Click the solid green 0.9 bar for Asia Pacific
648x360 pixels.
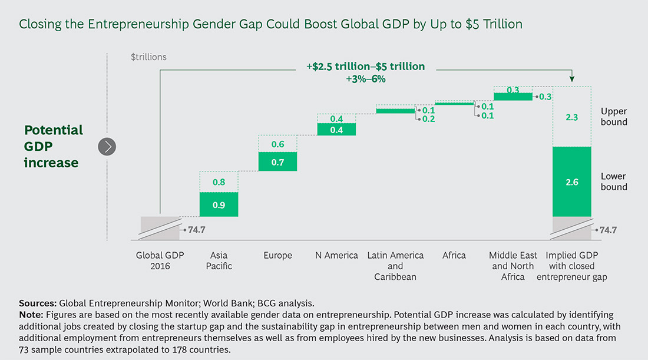tap(219, 204)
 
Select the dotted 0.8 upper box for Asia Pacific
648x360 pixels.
tap(219, 182)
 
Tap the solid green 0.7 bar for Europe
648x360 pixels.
tap(277, 162)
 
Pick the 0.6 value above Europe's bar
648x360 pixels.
tap(277, 144)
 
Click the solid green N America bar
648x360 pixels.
tap(336, 130)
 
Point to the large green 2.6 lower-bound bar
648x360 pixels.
tap(571, 181)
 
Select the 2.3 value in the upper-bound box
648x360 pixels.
tap(571, 118)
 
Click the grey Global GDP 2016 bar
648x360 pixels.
tap(160, 228)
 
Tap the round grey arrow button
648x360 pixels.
tap(107, 146)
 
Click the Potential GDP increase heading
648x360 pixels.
tap(54, 146)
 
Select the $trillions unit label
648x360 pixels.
tap(148, 57)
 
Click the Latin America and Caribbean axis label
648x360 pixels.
tap(395, 266)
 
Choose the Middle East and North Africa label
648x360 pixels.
tap(513, 266)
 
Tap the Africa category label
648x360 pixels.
tap(454, 255)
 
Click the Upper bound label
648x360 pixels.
tap(614, 117)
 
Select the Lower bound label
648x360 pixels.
tap(614, 181)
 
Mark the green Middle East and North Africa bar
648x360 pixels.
tap(513, 97)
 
